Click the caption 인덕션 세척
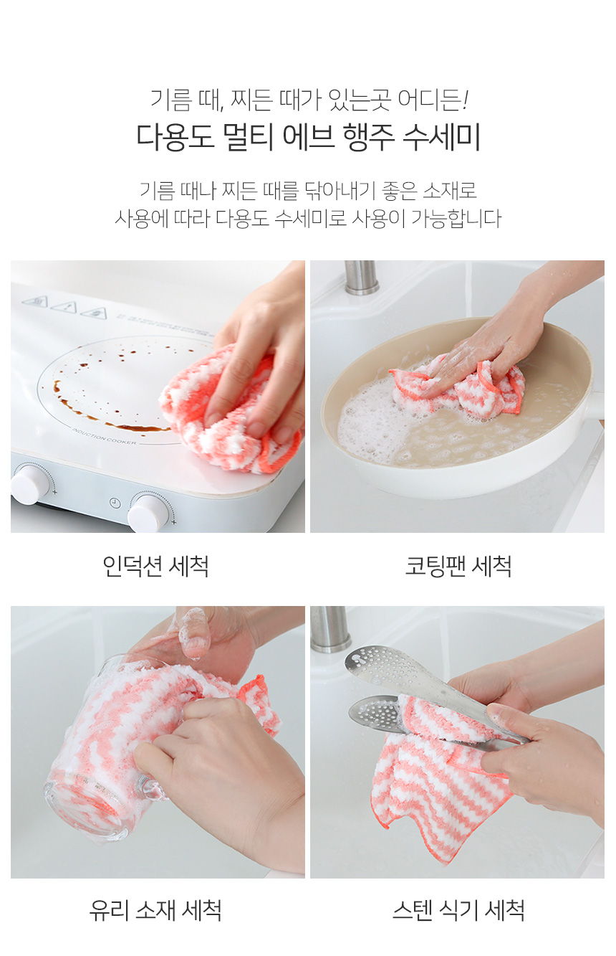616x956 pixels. pos(155,567)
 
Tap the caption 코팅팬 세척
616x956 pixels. pos(458,567)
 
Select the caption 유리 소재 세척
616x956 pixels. pos(155,910)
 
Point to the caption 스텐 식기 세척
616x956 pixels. pos(458,910)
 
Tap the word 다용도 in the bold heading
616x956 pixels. pos(175,137)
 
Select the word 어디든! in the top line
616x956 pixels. pos(433,100)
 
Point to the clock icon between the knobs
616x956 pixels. pos(115,502)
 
